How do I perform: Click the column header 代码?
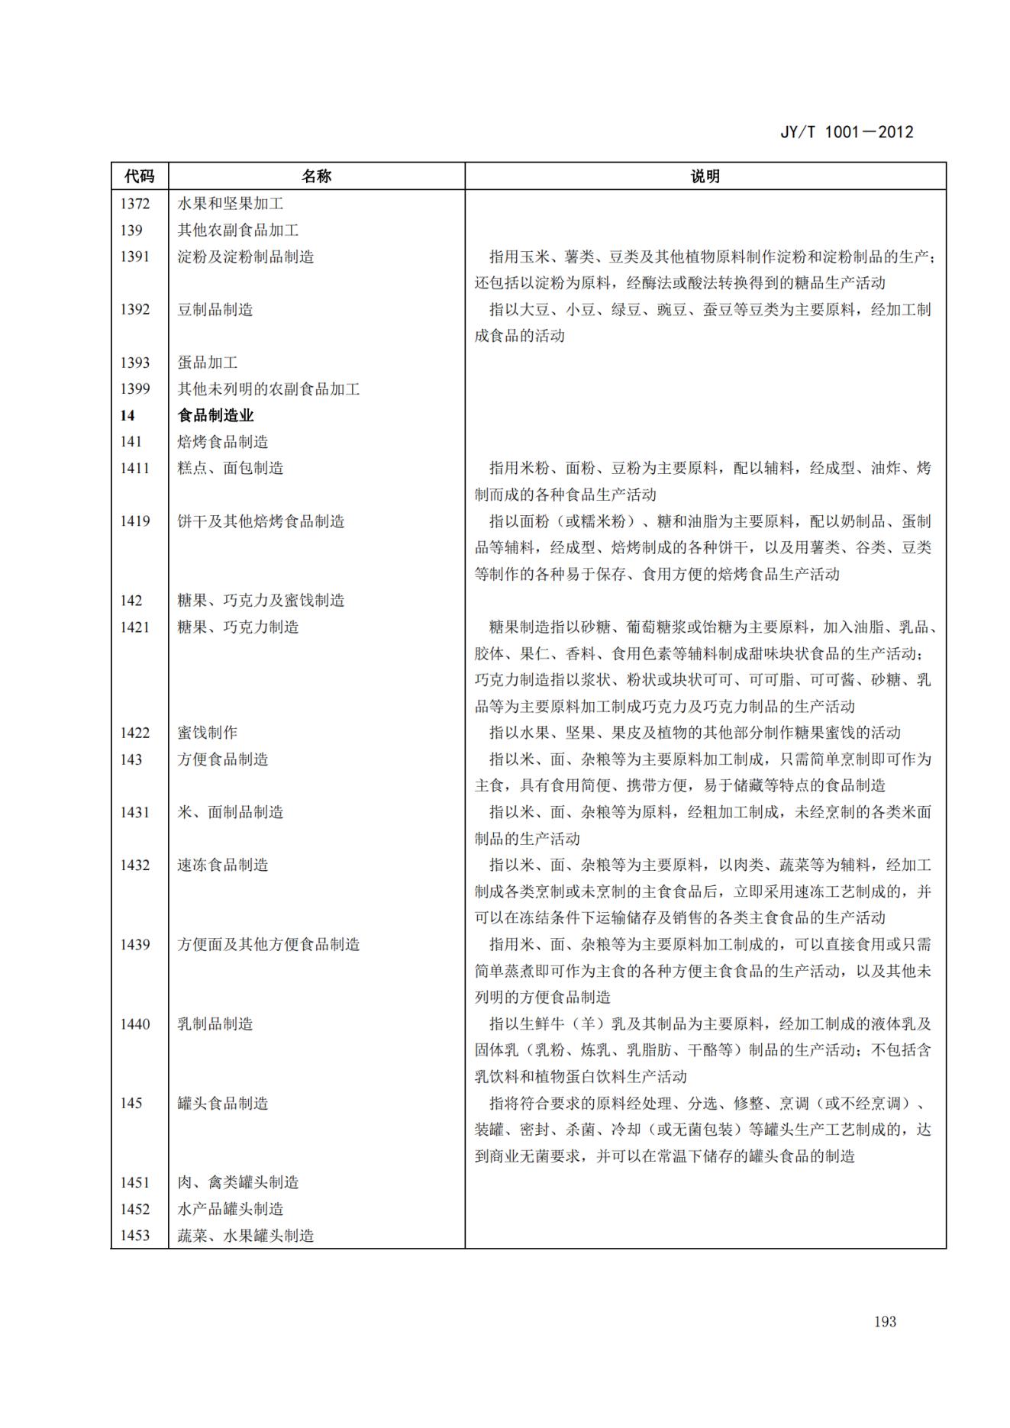coord(139,176)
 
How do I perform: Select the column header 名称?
coord(316,176)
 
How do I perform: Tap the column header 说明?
coord(705,176)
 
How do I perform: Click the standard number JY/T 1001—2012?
coord(847,132)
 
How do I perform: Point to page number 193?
coord(885,1321)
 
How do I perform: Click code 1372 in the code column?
coord(134,204)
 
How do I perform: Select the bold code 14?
coord(127,415)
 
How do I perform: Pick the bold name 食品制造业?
coord(215,415)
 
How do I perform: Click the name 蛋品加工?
coord(208,363)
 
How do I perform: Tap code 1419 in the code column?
coord(134,521)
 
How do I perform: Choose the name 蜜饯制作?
coord(208,733)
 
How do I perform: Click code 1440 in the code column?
coord(134,1023)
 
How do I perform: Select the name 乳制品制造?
coord(215,1023)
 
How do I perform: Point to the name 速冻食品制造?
coord(223,865)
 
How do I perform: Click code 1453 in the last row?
coord(134,1235)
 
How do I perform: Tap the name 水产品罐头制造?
coord(231,1209)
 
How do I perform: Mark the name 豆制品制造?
coord(215,309)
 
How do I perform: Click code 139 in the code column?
coord(131,230)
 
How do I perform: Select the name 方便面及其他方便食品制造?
coord(269,944)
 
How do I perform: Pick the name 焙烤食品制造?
coord(223,442)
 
